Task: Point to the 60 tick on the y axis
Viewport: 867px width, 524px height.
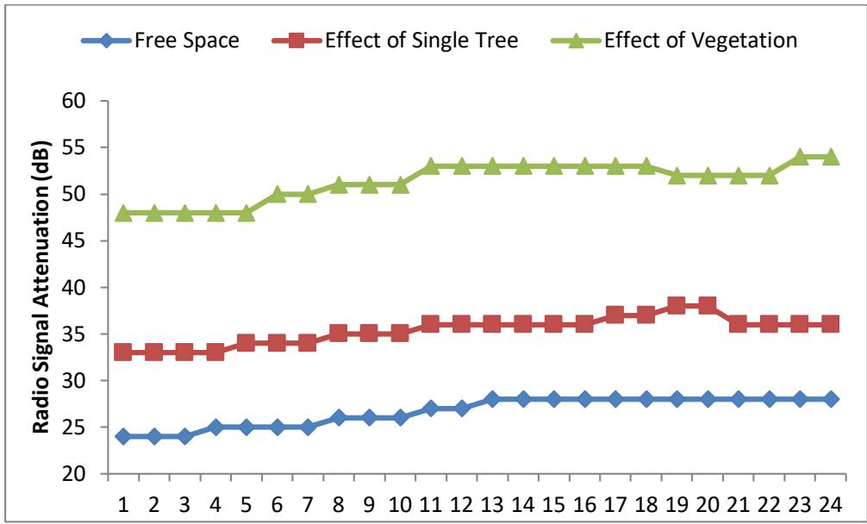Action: tap(80, 101)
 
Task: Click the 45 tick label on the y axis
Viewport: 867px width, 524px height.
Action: tap(80, 240)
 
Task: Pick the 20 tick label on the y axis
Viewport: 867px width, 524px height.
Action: tap(80, 474)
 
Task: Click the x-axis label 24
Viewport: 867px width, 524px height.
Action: tap(830, 502)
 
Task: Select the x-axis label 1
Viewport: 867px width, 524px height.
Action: tap(123, 502)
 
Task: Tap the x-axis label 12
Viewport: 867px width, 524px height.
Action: tap(461, 502)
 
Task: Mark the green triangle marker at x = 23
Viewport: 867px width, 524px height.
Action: tap(800, 156)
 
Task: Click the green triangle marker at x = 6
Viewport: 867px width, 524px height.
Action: tap(277, 194)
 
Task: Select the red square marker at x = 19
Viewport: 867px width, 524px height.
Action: tap(677, 306)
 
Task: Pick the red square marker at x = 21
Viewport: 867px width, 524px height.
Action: tap(738, 324)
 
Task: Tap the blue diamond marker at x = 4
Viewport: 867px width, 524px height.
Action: tap(215, 427)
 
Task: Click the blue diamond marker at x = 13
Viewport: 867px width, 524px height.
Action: tap(492, 399)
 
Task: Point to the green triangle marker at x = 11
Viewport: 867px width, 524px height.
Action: tap(431, 165)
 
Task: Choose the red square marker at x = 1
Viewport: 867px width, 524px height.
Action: tap(123, 352)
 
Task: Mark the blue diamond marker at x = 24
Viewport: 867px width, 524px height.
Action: tap(830, 399)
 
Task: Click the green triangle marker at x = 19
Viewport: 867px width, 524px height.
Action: tap(677, 175)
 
